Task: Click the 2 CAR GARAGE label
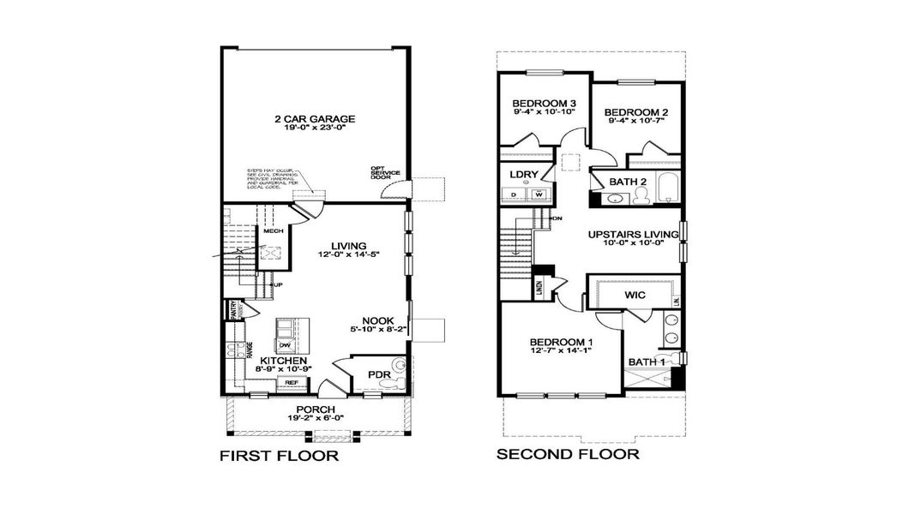[291, 119]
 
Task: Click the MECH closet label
[274, 231]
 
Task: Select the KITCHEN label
[283, 361]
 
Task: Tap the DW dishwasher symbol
[285, 344]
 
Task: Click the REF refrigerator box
[292, 383]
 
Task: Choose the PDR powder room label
[378, 374]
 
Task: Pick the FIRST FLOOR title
[279, 457]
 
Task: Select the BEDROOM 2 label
[635, 112]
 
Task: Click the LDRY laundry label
[524, 175]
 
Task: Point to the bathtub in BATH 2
[665, 186]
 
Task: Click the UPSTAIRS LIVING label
[632, 234]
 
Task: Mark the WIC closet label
[635, 295]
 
